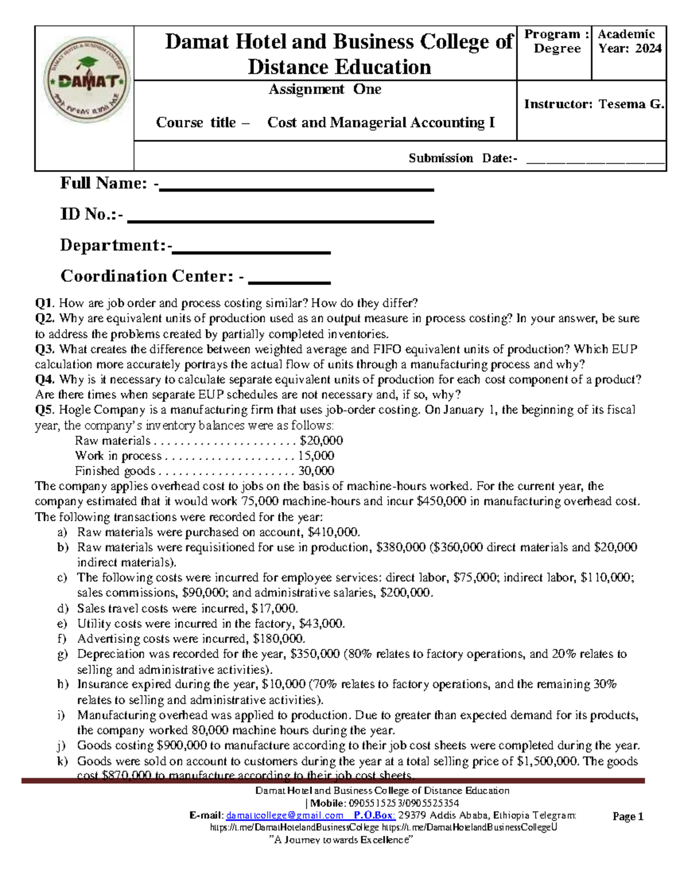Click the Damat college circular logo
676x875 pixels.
point(87,82)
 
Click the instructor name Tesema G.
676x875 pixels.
point(631,104)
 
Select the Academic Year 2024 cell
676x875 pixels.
point(629,42)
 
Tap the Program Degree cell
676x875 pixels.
point(557,42)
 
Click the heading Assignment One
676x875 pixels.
point(324,90)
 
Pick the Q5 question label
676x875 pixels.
point(45,410)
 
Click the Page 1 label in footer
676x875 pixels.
point(628,816)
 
